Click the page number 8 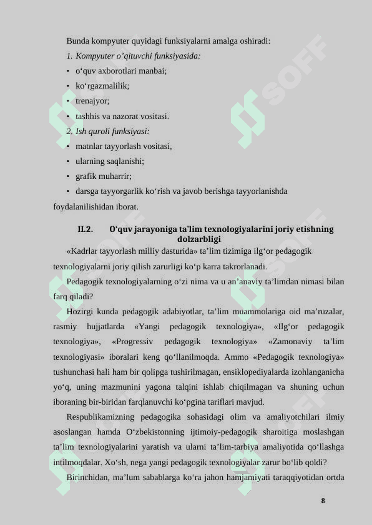tap(323, 501)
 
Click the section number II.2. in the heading tap(86, 229)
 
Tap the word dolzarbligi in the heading tap(199, 239)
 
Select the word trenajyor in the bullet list tap(92, 101)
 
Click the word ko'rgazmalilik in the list tap(102, 86)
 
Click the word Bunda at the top tap(77, 41)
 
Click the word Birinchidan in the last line tap(89, 478)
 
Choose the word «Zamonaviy tap(290, 342)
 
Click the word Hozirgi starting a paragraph tap(80, 312)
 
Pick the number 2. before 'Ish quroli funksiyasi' tap(69, 132)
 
